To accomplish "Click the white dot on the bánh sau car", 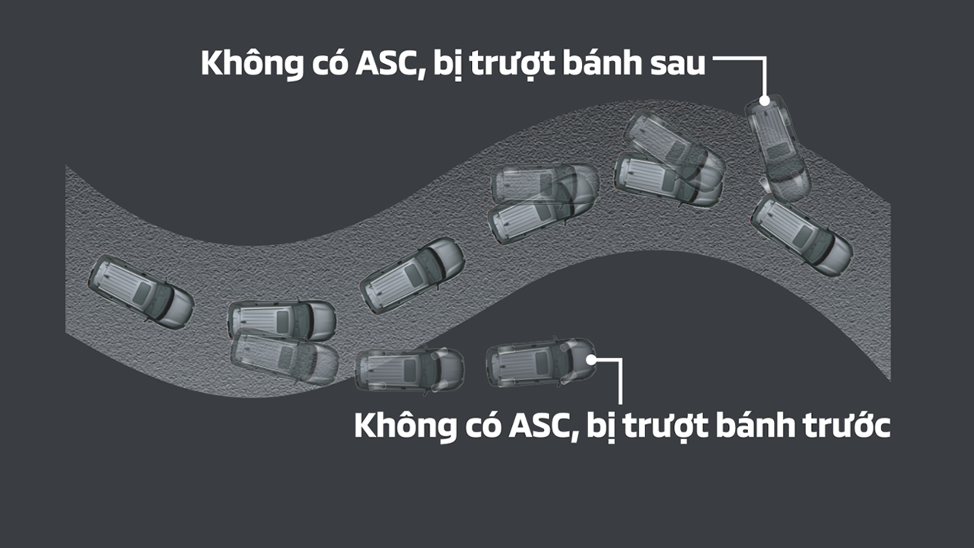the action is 765,101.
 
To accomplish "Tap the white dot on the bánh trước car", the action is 591,360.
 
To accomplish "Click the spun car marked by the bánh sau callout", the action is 778,148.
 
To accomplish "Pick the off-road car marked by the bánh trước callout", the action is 541,362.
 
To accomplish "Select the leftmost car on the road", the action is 141,292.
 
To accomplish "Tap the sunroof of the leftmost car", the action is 142,293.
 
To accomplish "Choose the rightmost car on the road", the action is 802,235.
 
